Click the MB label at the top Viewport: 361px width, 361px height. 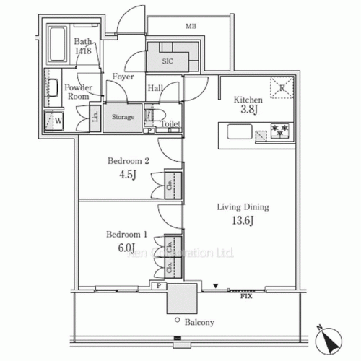pos(191,27)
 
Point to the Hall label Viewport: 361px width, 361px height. pos(155,88)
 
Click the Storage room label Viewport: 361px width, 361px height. pos(122,116)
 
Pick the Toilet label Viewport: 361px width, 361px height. pos(170,123)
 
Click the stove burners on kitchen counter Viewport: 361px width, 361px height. pos(279,131)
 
